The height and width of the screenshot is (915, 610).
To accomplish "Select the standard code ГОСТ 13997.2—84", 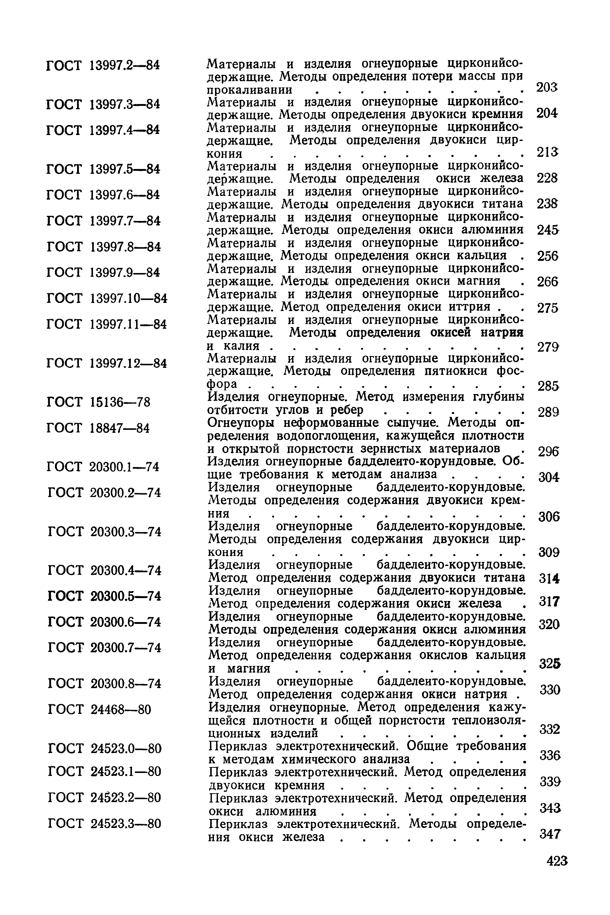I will pyautogui.click(x=103, y=65).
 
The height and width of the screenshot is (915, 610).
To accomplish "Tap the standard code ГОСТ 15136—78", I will pyautogui.click(x=98, y=402).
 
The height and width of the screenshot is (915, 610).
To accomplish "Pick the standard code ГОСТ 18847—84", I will pyautogui.click(x=98, y=428).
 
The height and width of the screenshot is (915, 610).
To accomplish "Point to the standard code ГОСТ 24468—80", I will pyautogui.click(x=99, y=709).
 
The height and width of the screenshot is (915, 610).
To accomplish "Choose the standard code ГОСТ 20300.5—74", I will pyautogui.click(x=104, y=596).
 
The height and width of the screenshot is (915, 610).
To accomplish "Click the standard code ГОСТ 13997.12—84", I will pyautogui.click(x=107, y=363).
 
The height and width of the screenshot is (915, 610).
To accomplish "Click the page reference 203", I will pyautogui.click(x=547, y=87).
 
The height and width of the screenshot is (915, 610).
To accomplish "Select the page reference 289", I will pyautogui.click(x=548, y=412).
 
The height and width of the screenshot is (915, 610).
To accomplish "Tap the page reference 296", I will pyautogui.click(x=548, y=452).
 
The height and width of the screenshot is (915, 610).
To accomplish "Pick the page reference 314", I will pyautogui.click(x=549, y=579).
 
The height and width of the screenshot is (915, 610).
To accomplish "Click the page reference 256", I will pyautogui.click(x=547, y=256).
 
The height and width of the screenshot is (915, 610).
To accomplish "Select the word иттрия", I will pyautogui.click(x=469, y=307).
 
